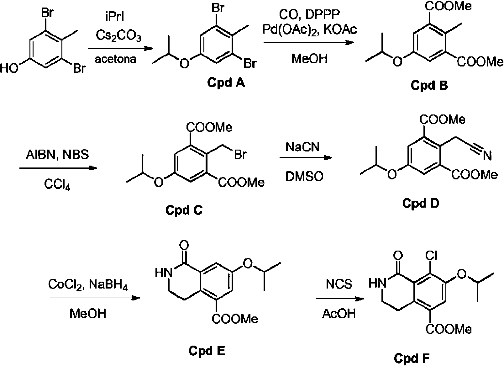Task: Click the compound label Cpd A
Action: pyautogui.click(x=226, y=83)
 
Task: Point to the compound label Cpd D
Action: pyautogui.click(x=421, y=204)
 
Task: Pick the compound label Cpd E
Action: pyautogui.click(x=207, y=351)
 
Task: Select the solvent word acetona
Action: pyautogui.click(x=116, y=59)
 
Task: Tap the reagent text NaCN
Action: pyautogui.click(x=302, y=146)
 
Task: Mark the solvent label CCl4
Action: pyautogui.click(x=57, y=185)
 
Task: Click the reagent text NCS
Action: pyautogui.click(x=339, y=284)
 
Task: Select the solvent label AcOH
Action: pyautogui.click(x=339, y=313)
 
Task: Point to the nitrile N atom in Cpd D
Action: pyautogui.click(x=487, y=155)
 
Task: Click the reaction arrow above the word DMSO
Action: pyautogui.click(x=306, y=158)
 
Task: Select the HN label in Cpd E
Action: pyautogui.click(x=162, y=273)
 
